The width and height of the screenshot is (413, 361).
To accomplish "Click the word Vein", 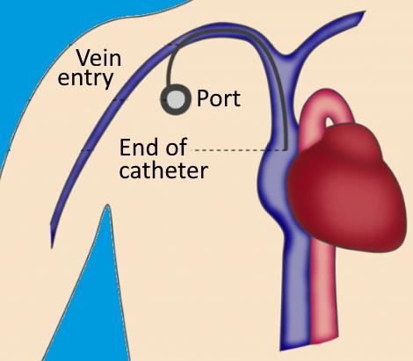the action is pyautogui.click(x=98, y=58).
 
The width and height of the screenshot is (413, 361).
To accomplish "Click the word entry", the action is pyautogui.click(x=85, y=78).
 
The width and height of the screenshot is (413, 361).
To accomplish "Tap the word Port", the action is pyautogui.click(x=219, y=98).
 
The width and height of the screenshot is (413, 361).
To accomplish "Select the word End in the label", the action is pyautogui.click(x=138, y=147).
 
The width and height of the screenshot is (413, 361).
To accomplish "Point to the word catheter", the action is pyautogui.click(x=163, y=170).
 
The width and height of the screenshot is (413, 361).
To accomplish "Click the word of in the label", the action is pyautogui.click(x=177, y=147).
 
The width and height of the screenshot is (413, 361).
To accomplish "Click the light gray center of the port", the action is pyautogui.click(x=176, y=99).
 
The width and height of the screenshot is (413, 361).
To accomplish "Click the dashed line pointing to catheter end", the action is pyautogui.click(x=238, y=150).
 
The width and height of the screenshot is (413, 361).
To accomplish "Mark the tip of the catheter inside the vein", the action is pyautogui.click(x=286, y=149).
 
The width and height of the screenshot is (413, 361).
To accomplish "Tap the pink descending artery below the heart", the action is pyautogui.click(x=323, y=292).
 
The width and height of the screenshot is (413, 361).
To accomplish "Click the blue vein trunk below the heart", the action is pyautogui.click(x=295, y=292).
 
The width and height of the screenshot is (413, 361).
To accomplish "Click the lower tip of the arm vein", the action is pyautogui.click(x=52, y=248).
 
